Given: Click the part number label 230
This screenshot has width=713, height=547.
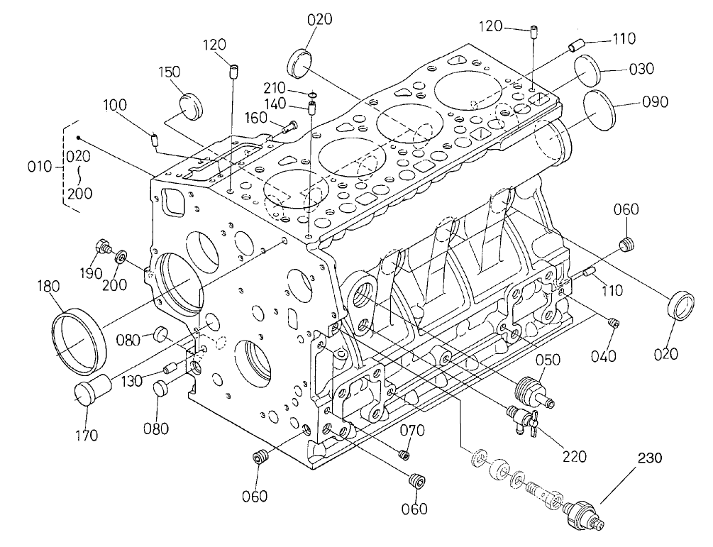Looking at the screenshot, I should [x=651, y=459].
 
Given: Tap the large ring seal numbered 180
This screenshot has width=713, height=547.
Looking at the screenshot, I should [x=79, y=339].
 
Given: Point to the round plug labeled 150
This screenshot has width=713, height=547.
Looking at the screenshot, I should [x=190, y=106].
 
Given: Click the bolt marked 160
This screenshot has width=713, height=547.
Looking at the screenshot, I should [x=287, y=128].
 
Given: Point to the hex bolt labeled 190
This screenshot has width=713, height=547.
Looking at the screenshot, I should [x=103, y=247].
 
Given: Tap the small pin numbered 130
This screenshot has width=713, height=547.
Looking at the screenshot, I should [x=169, y=367].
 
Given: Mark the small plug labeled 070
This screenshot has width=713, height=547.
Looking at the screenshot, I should [x=405, y=454].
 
